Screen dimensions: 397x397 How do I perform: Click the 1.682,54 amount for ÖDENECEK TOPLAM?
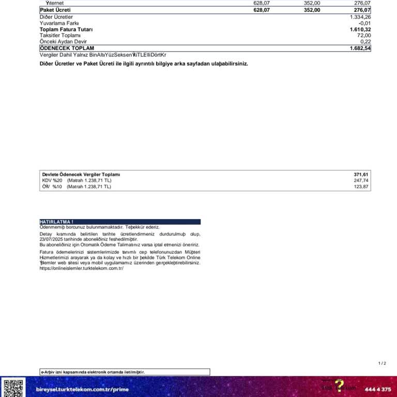tap(360, 48)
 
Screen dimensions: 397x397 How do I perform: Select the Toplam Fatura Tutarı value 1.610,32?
tap(360, 29)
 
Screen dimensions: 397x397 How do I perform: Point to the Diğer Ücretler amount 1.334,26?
tap(360, 17)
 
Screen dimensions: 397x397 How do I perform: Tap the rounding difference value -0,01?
tap(364, 23)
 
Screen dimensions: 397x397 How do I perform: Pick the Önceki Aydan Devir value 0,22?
tap(365, 41)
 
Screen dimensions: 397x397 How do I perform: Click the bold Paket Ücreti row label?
tap(55, 10)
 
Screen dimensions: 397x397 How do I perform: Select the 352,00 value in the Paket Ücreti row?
tap(312, 10)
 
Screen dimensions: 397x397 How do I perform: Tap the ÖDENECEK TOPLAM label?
tap(67, 48)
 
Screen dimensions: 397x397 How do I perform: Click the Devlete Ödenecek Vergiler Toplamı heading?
tap(81, 175)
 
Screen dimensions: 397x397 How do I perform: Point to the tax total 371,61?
tap(361, 175)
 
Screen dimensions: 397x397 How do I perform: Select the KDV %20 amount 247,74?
tap(361, 180)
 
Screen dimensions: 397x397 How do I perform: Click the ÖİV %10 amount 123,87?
tap(361, 187)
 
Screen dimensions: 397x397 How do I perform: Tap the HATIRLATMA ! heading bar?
tap(120, 222)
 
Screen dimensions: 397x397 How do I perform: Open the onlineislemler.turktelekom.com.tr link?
tap(82, 268)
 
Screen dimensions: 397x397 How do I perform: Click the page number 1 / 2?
tap(382, 363)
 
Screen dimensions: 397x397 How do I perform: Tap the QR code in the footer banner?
tap(13, 388)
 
